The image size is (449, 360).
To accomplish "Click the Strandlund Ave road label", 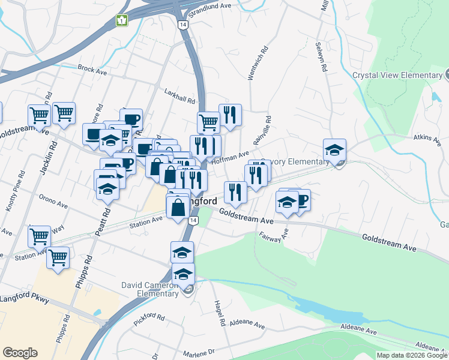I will click(x=210, y=5).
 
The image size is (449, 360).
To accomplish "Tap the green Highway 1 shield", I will click(x=122, y=21).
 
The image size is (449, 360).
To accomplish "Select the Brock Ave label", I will click(x=92, y=70).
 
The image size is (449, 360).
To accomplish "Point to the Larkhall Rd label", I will click(x=180, y=95).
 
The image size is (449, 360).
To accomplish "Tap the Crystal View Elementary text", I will click(x=397, y=76).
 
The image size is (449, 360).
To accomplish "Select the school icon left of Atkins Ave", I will click(x=334, y=150).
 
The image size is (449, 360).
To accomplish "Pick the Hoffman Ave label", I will click(x=234, y=156).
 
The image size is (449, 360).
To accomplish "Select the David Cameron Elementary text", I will click(x=150, y=289).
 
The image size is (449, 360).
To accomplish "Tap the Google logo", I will click(x=20, y=353).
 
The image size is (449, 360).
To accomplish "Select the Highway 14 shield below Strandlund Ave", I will click(x=183, y=24).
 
